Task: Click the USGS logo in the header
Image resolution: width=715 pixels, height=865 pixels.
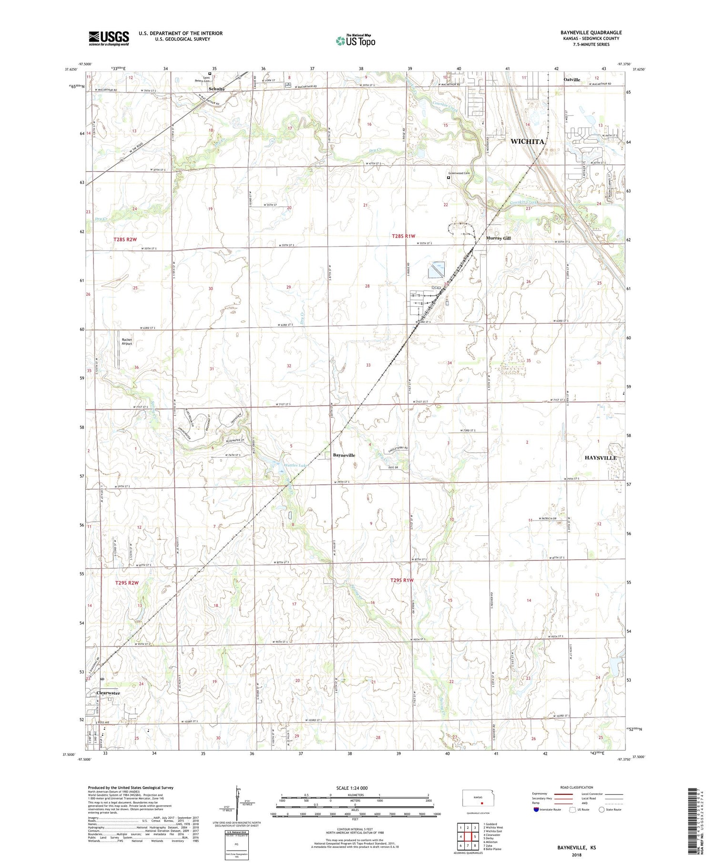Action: (109, 38)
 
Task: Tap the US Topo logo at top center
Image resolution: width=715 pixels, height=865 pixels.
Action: (355, 41)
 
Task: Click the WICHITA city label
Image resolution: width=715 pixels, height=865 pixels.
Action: (527, 142)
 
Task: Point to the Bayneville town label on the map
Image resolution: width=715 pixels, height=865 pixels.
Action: (344, 455)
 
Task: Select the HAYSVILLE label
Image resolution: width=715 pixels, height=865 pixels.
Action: (600, 458)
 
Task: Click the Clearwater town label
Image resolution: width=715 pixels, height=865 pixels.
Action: (108, 693)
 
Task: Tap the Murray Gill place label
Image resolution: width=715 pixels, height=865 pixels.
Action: (498, 238)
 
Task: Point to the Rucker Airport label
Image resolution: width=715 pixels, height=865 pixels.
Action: (127, 342)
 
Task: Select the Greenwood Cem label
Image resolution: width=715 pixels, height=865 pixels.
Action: (459, 173)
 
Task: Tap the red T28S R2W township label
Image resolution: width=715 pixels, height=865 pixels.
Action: (125, 240)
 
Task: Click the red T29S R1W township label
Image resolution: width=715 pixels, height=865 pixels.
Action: (402, 580)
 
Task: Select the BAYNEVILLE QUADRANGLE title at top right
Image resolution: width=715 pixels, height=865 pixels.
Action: (591, 32)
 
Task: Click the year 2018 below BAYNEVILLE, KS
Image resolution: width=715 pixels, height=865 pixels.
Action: (576, 855)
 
